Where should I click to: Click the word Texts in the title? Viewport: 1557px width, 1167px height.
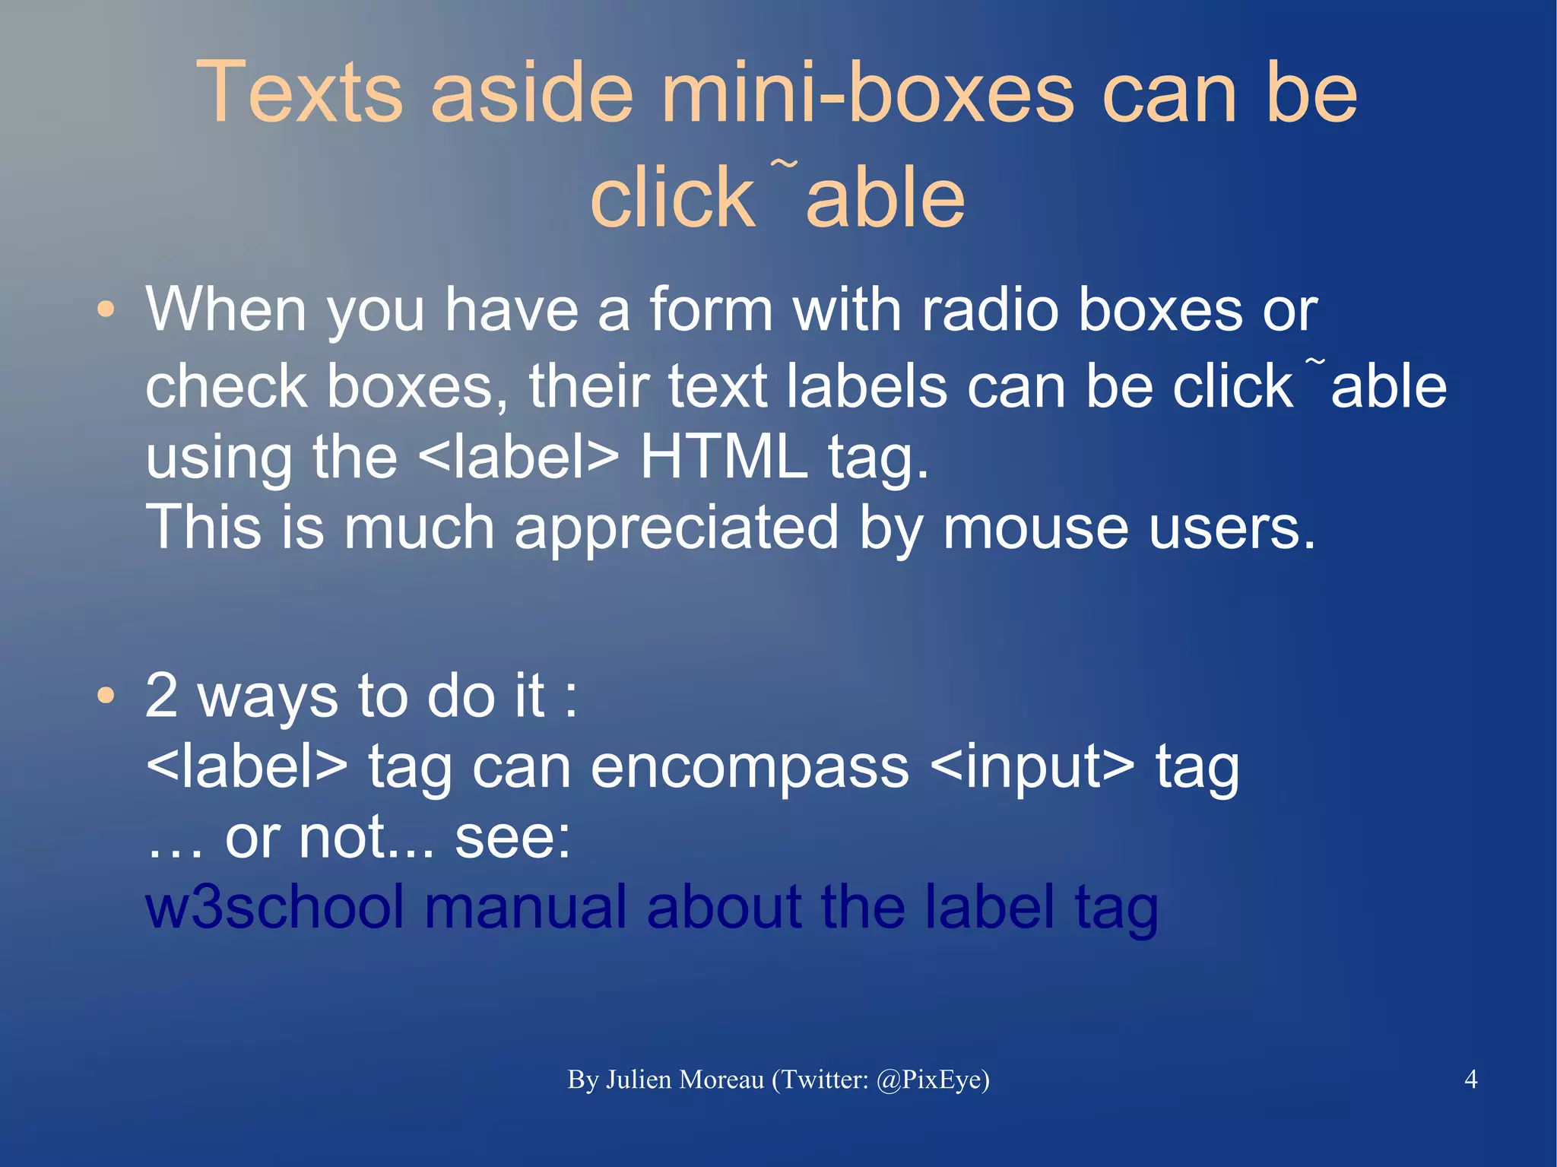click(x=299, y=93)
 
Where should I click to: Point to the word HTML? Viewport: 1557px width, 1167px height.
click(x=723, y=458)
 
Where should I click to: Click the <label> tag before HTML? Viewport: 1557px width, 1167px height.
click(x=518, y=458)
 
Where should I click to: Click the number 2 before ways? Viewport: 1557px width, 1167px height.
click(x=162, y=696)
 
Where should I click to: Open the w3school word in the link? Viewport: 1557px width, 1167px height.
click(x=274, y=907)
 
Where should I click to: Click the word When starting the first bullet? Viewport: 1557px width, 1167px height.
click(x=226, y=310)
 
